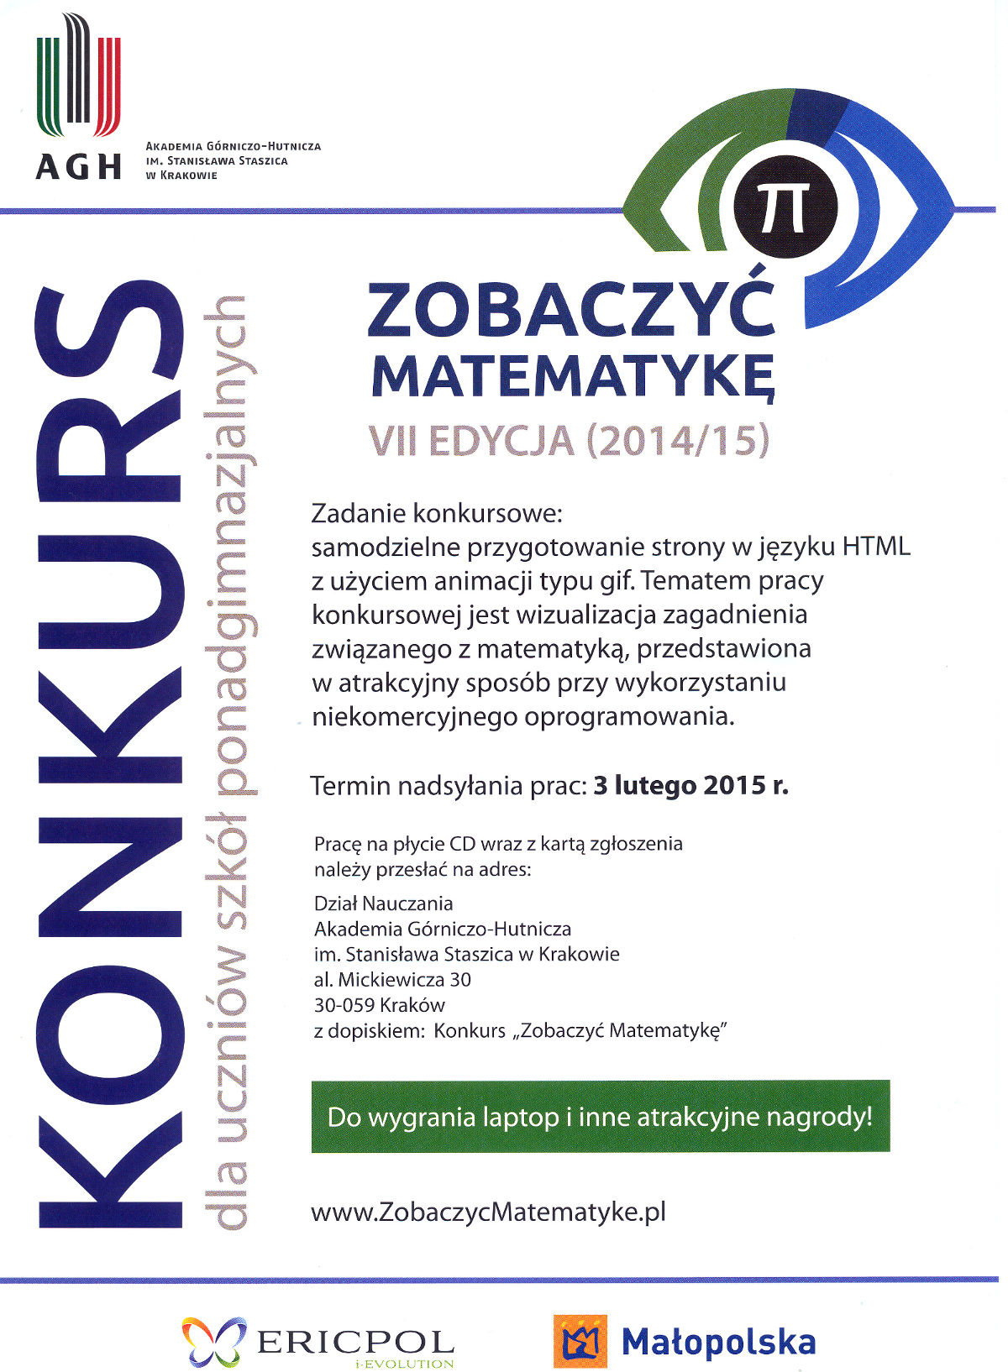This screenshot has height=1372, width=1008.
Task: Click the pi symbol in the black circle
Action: (785, 208)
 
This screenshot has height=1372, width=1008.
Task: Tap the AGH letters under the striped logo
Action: (78, 166)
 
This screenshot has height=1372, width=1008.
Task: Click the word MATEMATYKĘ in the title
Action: (574, 377)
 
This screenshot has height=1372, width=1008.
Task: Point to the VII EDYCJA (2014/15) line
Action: (569, 442)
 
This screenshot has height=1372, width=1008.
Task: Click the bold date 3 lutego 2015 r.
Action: (690, 786)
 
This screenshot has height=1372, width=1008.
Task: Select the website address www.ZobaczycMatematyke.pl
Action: (488, 1212)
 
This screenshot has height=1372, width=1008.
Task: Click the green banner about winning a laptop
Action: (600, 1117)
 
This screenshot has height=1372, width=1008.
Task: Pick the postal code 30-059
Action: (344, 1005)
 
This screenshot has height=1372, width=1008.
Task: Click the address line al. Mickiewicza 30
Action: (392, 980)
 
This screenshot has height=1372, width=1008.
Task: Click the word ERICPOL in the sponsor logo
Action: (355, 1340)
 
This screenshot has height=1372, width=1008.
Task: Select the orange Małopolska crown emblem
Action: (580, 1341)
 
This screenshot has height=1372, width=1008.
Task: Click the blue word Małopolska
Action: (718, 1342)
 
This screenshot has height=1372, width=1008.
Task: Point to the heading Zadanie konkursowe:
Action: (436, 512)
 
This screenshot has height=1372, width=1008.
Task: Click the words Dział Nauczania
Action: (383, 903)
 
